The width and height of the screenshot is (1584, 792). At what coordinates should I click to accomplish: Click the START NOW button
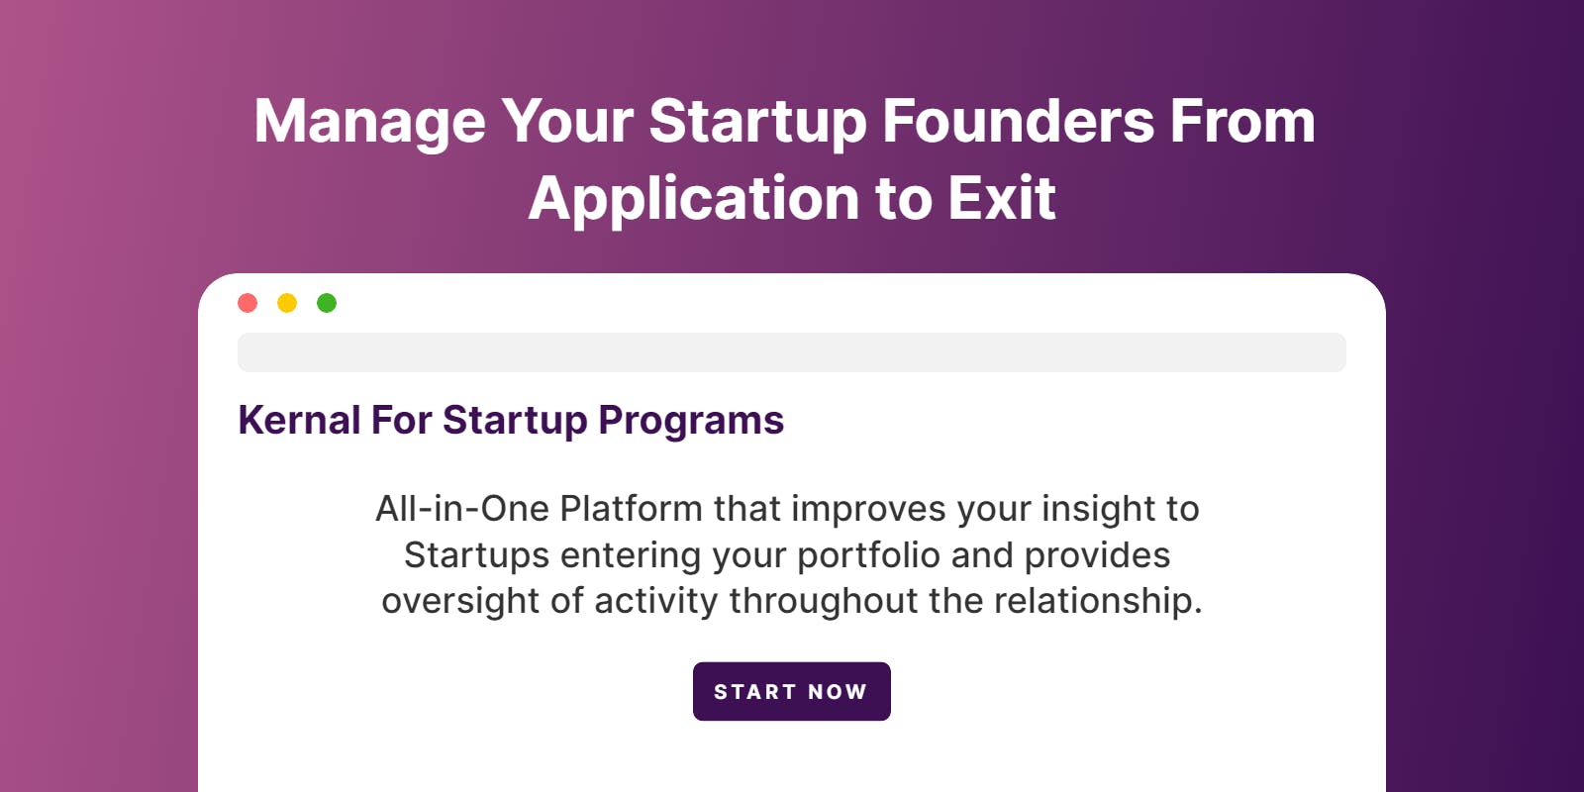791,691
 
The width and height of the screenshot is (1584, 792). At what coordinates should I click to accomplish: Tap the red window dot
247,303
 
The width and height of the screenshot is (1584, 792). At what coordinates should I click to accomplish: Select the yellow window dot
287,303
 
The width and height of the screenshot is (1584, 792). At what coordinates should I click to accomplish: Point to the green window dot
327,303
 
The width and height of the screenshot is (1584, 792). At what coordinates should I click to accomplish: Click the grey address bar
792,352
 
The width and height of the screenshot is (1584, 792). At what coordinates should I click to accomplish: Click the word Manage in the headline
370,123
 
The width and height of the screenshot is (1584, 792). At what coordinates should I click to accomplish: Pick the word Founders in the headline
1019,121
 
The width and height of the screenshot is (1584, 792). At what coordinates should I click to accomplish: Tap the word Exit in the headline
1001,198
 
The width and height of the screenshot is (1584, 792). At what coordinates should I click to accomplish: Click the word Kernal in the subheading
299,420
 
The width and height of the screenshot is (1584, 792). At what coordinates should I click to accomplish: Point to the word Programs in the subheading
691,422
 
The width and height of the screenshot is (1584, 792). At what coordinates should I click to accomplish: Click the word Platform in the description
631,509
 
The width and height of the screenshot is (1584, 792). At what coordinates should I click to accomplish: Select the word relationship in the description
1098,602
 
